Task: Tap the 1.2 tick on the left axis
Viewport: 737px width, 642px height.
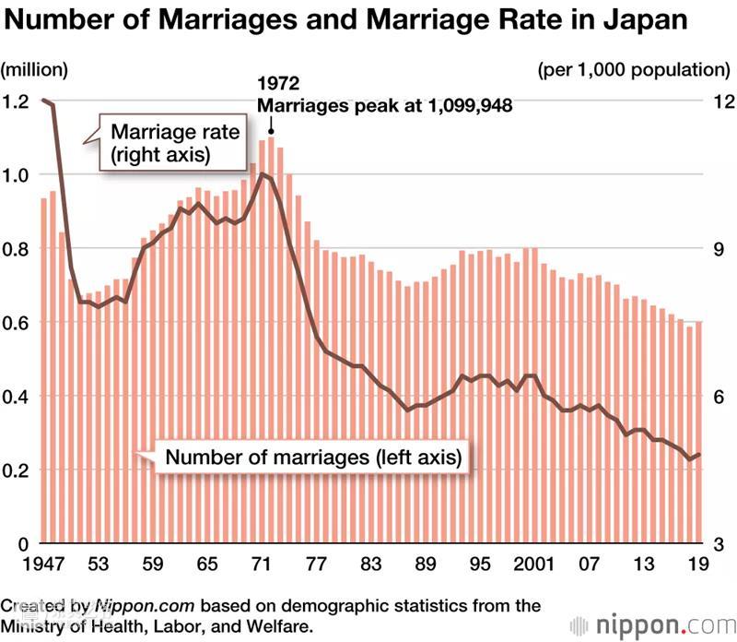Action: pyautogui.click(x=17, y=101)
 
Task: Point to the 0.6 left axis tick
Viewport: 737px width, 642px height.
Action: pyautogui.click(x=17, y=323)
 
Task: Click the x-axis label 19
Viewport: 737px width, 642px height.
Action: pyautogui.click(x=698, y=563)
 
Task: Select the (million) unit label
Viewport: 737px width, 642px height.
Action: pyautogui.click(x=35, y=69)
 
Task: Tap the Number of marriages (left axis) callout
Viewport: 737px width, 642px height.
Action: pyautogui.click(x=312, y=457)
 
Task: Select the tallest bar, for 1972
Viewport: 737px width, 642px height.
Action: pyautogui.click(x=271, y=341)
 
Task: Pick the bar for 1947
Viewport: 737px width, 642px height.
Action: pyautogui.click(x=43, y=369)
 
